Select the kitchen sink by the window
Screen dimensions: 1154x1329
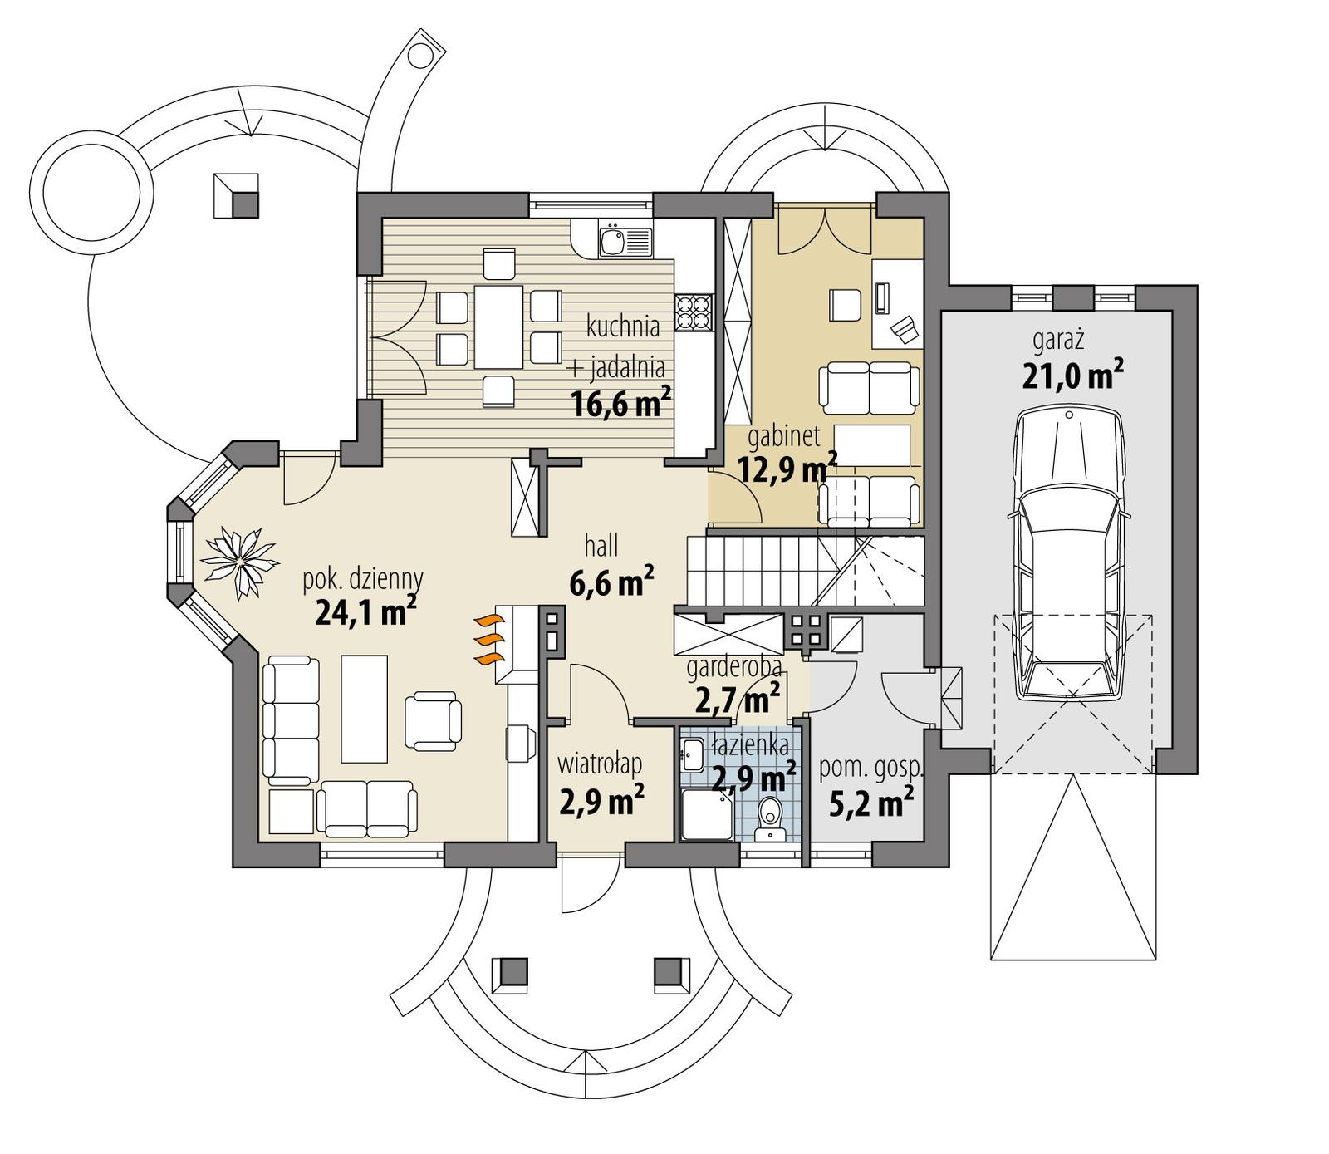pos(614,242)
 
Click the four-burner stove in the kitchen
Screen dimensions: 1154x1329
pos(694,312)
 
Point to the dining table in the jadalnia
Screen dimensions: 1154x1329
pos(498,327)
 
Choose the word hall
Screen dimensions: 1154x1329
pos(601,546)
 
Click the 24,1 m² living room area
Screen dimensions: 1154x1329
pos(365,613)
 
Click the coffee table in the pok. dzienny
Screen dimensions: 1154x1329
pos(365,708)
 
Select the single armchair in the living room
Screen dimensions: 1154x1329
pos(433,719)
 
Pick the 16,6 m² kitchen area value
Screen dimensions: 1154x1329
pos(620,404)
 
